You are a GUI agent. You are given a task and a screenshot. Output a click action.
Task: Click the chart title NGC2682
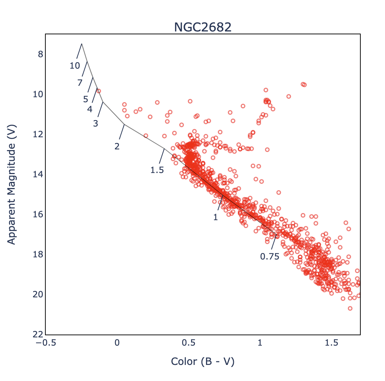202,27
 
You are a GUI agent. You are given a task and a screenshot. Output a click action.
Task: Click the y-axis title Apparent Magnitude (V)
12,184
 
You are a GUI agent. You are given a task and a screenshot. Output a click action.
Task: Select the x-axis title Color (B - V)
202,361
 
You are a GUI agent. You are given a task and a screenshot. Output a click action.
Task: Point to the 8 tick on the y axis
40,54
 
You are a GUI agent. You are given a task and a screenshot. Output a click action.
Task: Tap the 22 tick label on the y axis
38,335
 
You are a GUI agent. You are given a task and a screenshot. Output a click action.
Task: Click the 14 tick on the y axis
38,174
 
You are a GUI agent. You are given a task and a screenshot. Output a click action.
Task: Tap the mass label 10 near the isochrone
75,66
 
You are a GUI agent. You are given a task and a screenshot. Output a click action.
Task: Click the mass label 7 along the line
80,83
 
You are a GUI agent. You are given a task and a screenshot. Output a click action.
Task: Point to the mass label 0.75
270,257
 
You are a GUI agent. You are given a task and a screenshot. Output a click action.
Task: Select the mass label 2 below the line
117,146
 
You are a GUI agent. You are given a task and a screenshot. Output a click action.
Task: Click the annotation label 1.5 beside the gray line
157,170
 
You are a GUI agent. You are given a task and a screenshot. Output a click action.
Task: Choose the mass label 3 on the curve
95,124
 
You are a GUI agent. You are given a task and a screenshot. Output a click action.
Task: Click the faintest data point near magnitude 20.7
350,308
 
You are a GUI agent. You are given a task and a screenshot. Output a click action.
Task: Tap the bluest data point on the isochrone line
99,91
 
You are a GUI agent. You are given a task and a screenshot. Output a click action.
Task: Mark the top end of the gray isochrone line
81,44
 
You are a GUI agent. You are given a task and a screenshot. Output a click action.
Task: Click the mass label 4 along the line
90,109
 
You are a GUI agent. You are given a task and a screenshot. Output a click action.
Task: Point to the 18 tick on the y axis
38,254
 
